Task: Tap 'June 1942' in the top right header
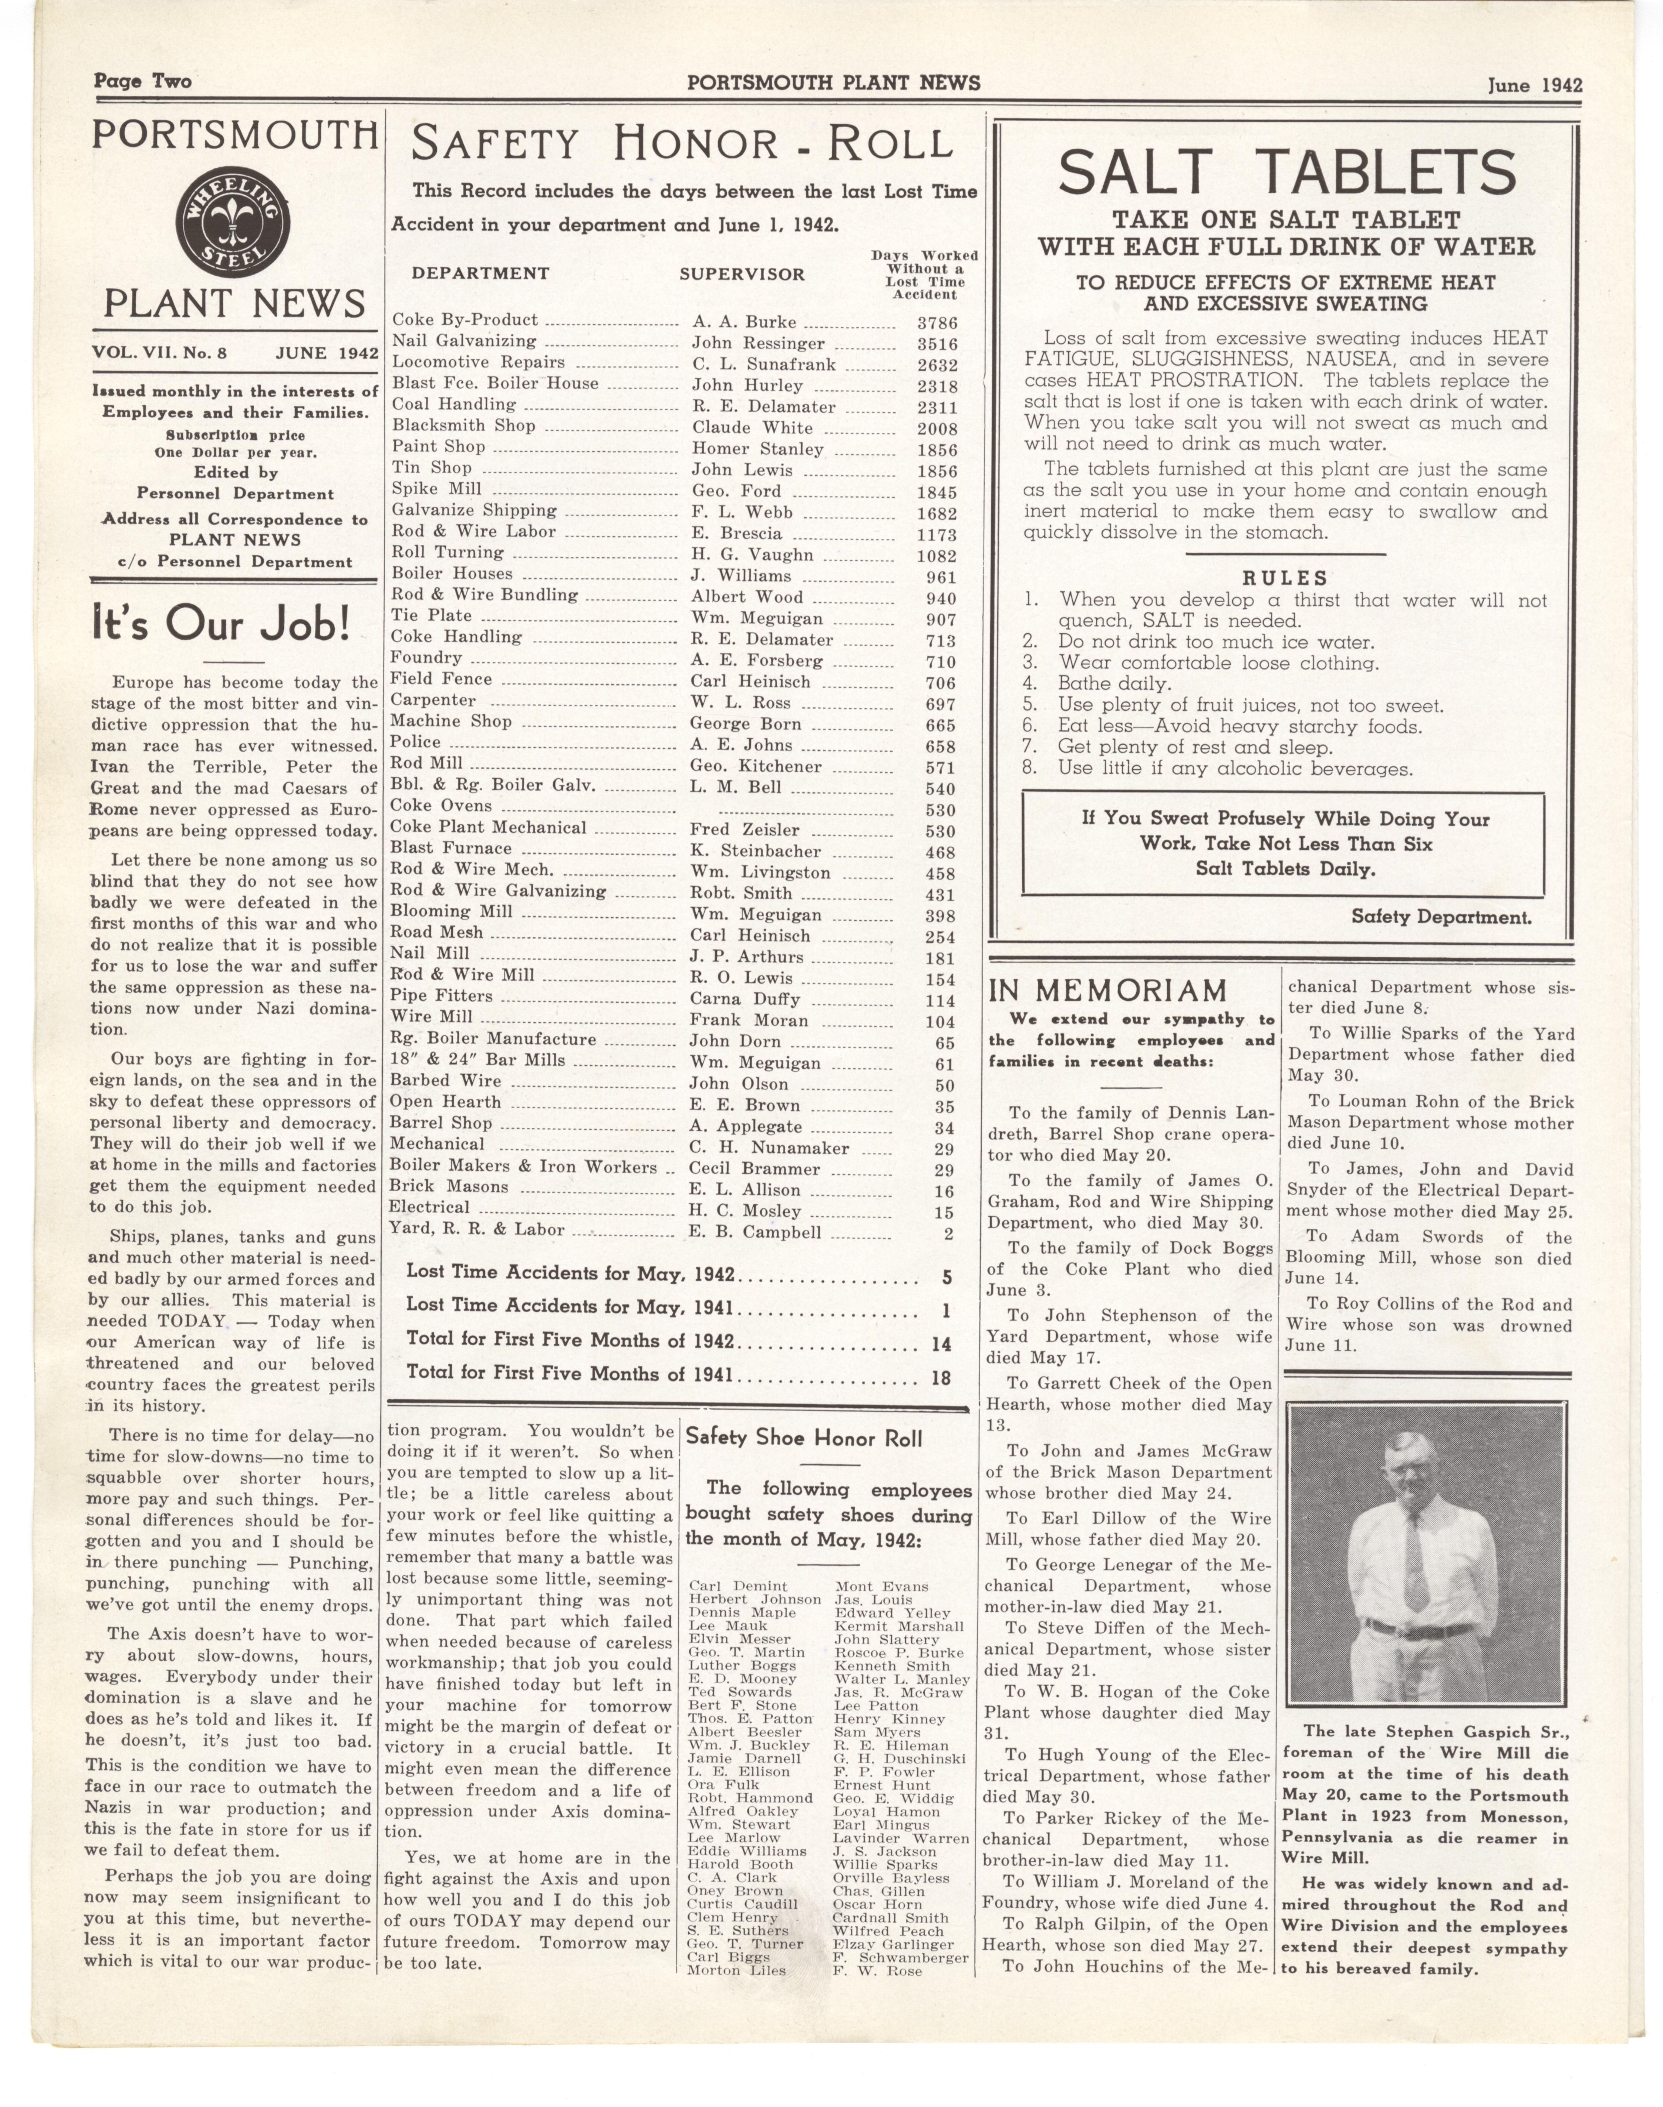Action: click(1534, 85)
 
